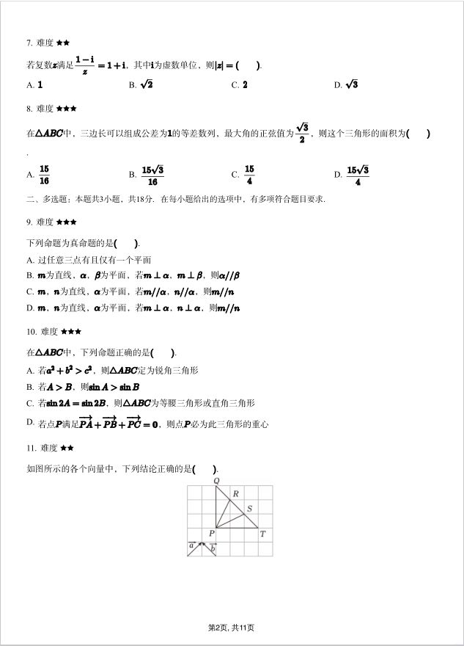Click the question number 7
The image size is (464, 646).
point(29,43)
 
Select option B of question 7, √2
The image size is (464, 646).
point(146,84)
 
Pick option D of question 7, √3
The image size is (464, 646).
point(351,84)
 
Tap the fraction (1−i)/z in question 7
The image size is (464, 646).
point(85,65)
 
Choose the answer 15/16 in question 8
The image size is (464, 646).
point(45,175)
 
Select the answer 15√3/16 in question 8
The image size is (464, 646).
point(152,175)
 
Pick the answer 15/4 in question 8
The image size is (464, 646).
point(249,175)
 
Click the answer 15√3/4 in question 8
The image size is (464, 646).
point(358,175)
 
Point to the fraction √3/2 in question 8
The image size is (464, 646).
point(301,133)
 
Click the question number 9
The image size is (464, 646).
point(29,222)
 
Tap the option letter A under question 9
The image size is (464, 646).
point(29,260)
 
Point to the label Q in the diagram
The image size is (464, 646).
point(216,481)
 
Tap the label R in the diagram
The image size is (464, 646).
point(235,494)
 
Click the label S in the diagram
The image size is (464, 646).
point(249,508)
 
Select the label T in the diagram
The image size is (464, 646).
point(262,534)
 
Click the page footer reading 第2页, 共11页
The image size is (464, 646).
point(231,627)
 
